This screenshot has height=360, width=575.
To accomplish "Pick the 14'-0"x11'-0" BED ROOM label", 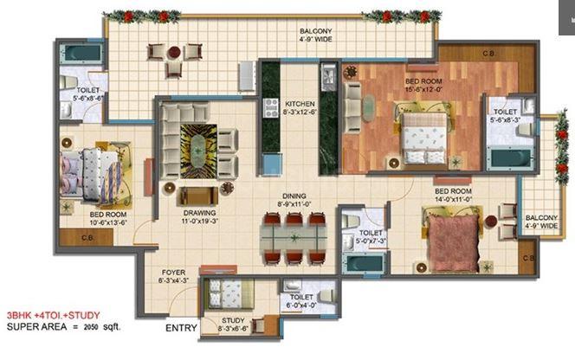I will (x=452, y=195).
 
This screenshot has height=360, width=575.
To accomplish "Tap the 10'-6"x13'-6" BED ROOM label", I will (x=109, y=217).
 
